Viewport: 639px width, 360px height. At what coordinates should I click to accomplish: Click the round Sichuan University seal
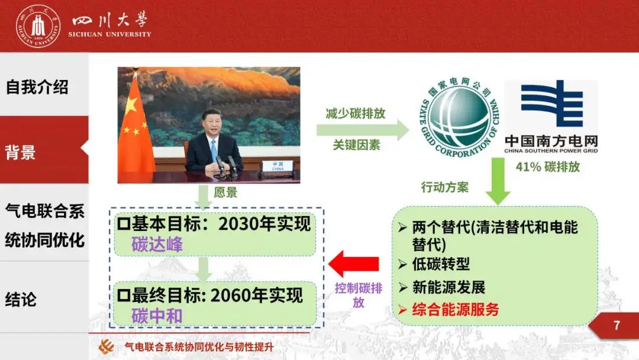38,27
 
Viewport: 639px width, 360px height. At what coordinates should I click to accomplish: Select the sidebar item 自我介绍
37,87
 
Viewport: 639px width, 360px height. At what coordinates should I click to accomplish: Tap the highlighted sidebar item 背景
20,152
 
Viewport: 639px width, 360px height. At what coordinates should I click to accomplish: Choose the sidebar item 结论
21,299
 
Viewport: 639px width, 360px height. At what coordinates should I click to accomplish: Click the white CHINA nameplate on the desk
277,166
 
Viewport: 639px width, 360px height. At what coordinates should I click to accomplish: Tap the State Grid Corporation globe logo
459,117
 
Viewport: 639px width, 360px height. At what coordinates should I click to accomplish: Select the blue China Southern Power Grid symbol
551,104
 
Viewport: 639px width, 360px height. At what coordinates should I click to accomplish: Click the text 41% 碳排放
548,167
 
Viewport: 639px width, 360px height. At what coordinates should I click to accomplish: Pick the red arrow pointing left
354,263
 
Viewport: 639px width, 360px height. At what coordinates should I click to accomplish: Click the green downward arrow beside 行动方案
498,181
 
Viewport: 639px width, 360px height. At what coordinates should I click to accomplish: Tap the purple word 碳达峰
157,244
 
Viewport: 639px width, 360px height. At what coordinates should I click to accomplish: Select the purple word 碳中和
157,316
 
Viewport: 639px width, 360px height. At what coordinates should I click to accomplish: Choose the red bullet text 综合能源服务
456,310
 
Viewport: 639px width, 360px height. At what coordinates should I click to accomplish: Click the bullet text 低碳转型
441,264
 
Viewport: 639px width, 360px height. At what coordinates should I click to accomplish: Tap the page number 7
617,325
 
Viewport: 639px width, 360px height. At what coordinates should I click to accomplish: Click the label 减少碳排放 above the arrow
356,113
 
